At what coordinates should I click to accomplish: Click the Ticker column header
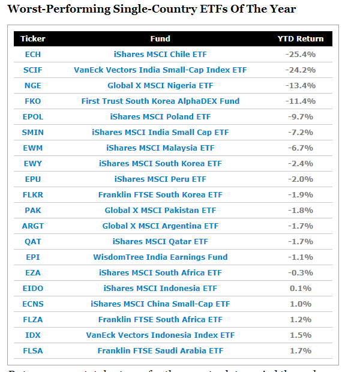pyautogui.click(x=33, y=38)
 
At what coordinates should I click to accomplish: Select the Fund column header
pyautogui.click(x=160, y=38)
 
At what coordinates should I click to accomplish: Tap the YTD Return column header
pyautogui.click(x=300, y=38)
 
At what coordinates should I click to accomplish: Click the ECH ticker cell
pyautogui.click(x=33, y=54)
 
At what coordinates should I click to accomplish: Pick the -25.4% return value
pyautogui.click(x=300, y=54)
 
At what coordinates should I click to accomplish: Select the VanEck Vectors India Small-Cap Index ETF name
pyautogui.click(x=160, y=70)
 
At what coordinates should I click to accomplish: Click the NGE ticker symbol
pyautogui.click(x=33, y=85)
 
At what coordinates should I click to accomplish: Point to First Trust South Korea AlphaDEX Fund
pyautogui.click(x=160, y=101)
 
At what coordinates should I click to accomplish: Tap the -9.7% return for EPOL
pyautogui.click(x=300, y=116)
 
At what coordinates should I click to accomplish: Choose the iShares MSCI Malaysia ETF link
pyautogui.click(x=160, y=148)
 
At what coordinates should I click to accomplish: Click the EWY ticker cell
pyautogui.click(x=33, y=163)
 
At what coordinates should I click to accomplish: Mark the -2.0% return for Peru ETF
pyautogui.click(x=300, y=179)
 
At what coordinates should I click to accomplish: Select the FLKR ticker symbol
pyautogui.click(x=33, y=194)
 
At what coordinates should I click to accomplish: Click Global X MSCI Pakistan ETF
pyautogui.click(x=160, y=210)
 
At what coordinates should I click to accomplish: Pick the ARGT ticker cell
pyautogui.click(x=33, y=226)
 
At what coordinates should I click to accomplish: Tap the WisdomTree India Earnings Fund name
pyautogui.click(x=160, y=257)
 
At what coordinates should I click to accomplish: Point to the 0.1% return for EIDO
pyautogui.click(x=300, y=288)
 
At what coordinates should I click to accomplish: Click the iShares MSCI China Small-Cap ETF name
pyautogui.click(x=160, y=304)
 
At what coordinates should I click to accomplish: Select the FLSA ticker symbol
pyautogui.click(x=33, y=350)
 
